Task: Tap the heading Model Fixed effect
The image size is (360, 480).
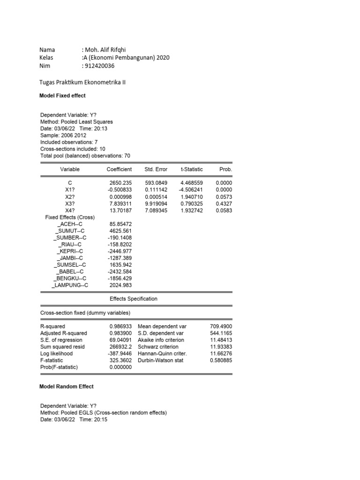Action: coord(62,96)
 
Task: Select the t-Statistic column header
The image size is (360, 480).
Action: coord(191,169)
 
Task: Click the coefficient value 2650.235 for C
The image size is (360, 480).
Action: coord(120,183)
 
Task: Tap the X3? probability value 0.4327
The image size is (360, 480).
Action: coord(224,204)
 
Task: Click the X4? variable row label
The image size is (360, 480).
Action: coord(70,211)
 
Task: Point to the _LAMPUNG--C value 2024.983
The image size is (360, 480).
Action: coord(120,285)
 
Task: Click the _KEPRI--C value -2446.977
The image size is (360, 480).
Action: coord(120,251)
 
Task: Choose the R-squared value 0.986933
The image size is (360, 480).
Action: coord(120,326)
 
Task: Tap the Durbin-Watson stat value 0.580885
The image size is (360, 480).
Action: coord(221,360)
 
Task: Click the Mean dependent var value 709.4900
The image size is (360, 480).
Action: coord(221,326)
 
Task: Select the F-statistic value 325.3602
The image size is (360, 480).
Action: coord(120,360)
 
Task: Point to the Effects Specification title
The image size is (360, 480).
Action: coord(133,299)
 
